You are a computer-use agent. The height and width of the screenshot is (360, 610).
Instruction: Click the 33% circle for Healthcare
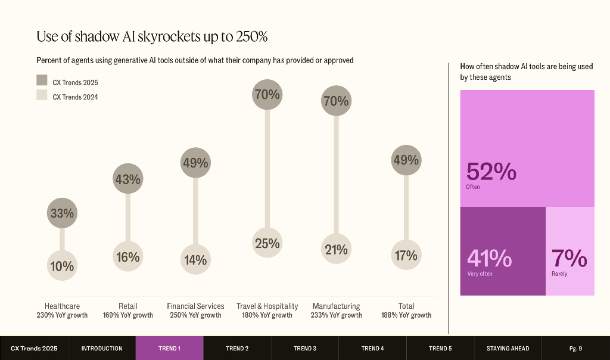(62, 213)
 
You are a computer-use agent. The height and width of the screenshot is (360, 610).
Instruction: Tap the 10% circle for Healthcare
(62, 266)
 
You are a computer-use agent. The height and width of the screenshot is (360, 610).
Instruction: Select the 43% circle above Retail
(128, 179)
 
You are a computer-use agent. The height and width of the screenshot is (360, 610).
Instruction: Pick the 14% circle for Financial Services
(195, 260)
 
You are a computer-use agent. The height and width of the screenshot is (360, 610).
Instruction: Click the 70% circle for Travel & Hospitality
(267, 95)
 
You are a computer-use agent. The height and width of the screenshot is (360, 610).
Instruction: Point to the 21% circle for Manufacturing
(336, 250)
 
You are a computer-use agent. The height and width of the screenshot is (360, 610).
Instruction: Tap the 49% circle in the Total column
(406, 160)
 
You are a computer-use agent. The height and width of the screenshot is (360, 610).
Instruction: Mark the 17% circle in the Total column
(406, 256)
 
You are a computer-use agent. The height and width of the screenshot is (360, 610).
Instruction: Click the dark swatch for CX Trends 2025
(42, 80)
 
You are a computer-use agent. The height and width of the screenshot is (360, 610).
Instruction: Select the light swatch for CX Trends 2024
(42, 95)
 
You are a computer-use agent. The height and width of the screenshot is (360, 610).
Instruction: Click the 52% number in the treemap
(491, 172)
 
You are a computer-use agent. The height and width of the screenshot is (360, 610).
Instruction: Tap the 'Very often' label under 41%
(480, 274)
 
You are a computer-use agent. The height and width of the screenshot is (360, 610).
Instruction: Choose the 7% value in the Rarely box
(569, 259)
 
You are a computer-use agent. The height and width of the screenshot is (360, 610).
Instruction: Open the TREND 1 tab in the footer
(169, 348)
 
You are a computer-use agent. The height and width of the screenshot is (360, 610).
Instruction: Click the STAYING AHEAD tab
(508, 348)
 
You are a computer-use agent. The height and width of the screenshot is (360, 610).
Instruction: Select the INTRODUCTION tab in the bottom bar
(102, 348)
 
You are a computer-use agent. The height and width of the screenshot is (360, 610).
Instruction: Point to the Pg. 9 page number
(575, 348)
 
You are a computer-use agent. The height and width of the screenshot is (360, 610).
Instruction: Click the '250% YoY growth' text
(195, 315)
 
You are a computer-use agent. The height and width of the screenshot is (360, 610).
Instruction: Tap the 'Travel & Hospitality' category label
(267, 306)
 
